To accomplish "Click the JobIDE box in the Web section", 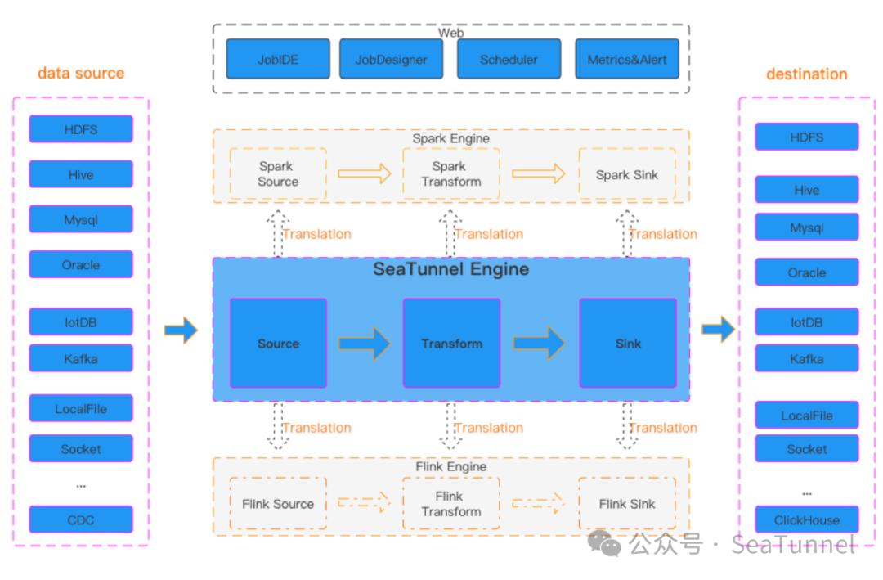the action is point(278,59).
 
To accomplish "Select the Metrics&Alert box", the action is point(627,59).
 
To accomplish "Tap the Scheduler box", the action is point(509,59).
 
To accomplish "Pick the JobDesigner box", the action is point(392,59).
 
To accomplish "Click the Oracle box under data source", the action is point(81,264).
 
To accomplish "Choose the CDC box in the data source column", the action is point(81,519).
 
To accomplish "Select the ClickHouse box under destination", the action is point(807,519).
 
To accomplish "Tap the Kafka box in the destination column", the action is point(807,358).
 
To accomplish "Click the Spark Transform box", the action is point(451,173).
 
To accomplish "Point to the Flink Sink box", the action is point(627,503).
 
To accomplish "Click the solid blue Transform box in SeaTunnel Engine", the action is point(451,344).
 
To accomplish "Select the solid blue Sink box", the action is point(628,344).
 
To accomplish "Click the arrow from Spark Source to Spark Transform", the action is point(365,173).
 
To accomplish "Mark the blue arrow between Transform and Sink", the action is point(539,343).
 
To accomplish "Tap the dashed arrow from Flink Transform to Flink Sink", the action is point(538,503).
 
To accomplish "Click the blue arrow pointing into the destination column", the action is point(719,329).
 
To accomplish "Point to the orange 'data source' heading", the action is point(81,74).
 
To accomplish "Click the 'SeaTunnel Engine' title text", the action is point(451,269).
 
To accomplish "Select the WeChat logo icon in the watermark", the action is point(603,544).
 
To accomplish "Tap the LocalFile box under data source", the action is point(81,409).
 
